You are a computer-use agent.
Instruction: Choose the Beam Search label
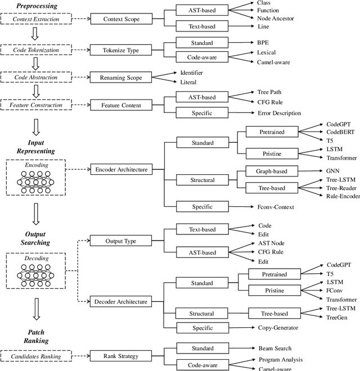275,349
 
